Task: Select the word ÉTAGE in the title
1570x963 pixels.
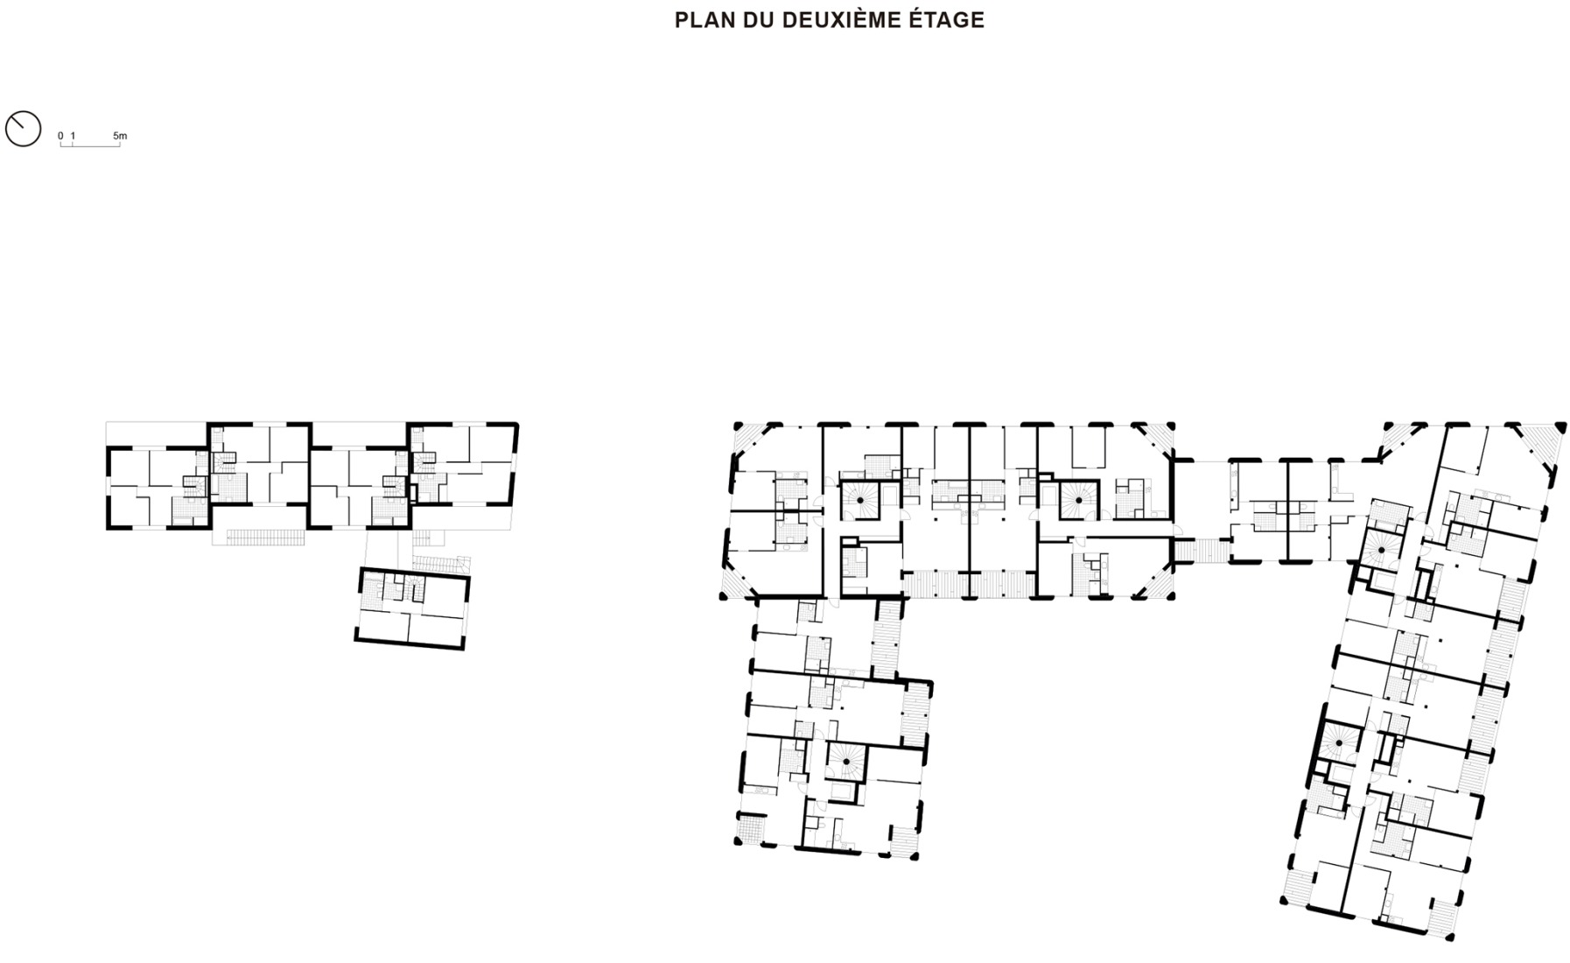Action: pos(949,20)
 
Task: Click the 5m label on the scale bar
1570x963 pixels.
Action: pos(120,136)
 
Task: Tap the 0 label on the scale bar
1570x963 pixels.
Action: pos(60,136)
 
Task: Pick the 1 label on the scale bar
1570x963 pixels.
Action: pos(73,136)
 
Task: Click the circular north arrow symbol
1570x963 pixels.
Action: pos(23,128)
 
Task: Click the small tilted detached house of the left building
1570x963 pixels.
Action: pos(411,608)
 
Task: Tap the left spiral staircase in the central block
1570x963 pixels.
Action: pos(861,499)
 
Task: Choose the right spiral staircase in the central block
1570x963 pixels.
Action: pos(1079,499)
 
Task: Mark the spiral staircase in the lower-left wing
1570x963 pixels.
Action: pos(846,763)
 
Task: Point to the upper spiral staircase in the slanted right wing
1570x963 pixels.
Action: pos(1381,550)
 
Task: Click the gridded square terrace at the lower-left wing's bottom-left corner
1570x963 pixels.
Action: pos(750,827)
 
